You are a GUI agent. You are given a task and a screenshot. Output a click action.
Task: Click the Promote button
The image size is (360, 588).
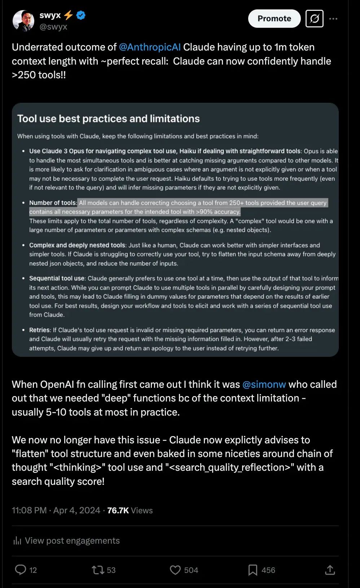click(274, 19)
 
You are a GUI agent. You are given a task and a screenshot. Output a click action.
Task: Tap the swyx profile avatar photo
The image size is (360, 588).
click(23, 21)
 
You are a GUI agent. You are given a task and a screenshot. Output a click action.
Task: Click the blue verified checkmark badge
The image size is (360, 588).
click(81, 15)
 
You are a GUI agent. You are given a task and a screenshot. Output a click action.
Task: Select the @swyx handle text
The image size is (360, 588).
click(53, 27)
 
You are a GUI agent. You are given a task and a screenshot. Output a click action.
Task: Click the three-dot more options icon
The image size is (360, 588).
click(333, 19)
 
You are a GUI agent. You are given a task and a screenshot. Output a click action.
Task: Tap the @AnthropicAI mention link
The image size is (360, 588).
click(150, 47)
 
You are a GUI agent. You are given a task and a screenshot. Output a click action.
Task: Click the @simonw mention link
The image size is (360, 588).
click(264, 385)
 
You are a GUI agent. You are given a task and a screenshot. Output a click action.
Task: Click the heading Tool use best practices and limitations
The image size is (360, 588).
click(108, 119)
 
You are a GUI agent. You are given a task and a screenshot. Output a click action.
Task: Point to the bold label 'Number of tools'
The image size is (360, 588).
click(53, 203)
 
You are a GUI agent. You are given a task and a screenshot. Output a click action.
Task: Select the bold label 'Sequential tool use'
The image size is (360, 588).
click(57, 278)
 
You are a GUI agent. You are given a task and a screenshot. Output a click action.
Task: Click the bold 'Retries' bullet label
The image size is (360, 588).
click(40, 330)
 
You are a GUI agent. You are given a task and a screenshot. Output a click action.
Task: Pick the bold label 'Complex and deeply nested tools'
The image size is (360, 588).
click(77, 245)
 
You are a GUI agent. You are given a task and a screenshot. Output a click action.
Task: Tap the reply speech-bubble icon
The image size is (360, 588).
click(20, 570)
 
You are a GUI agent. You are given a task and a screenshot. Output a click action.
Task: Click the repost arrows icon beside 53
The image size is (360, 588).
click(98, 570)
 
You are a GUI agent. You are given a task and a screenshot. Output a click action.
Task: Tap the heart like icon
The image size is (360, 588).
click(175, 570)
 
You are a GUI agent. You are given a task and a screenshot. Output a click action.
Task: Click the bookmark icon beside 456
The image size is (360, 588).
click(253, 570)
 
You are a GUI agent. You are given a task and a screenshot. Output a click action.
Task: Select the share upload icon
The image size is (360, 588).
click(330, 570)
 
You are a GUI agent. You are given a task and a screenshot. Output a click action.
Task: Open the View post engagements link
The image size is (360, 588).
click(72, 541)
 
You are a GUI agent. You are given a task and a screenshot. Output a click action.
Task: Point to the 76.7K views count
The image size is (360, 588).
click(118, 510)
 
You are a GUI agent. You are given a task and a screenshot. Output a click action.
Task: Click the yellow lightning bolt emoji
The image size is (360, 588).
click(68, 15)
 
